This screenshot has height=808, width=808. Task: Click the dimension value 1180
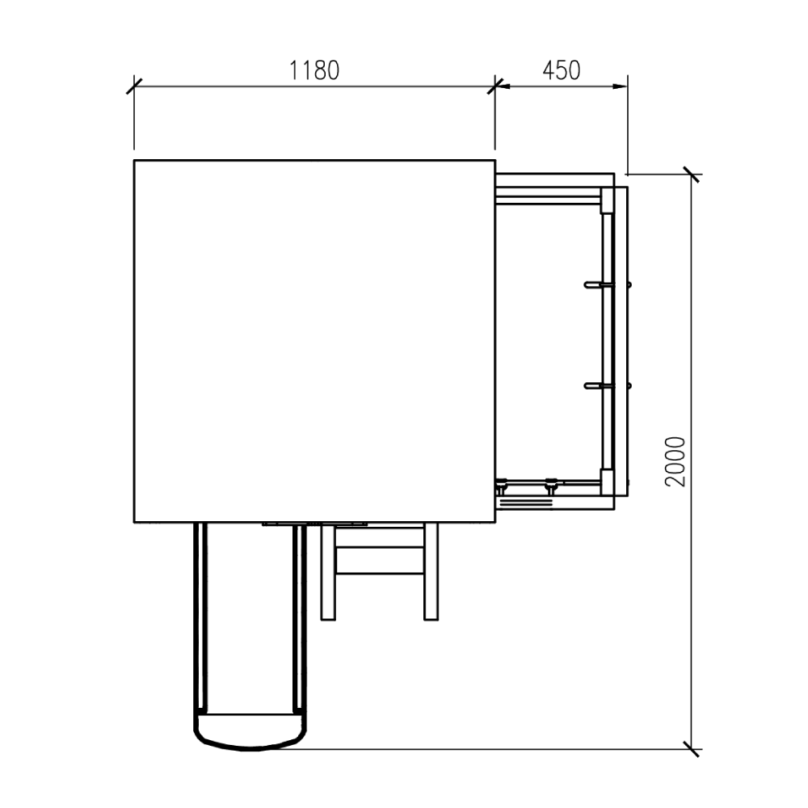314,70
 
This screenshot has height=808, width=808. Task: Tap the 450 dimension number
562,70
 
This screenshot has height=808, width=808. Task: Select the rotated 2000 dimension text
675,461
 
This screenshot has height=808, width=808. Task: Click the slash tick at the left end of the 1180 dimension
134,86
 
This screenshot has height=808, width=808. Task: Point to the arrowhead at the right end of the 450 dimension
621,86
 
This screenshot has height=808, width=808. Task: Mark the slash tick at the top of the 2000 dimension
692,175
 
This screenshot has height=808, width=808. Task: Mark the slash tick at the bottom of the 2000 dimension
692,749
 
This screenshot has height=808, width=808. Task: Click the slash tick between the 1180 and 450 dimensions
495,86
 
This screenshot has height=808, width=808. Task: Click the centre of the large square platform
314,341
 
